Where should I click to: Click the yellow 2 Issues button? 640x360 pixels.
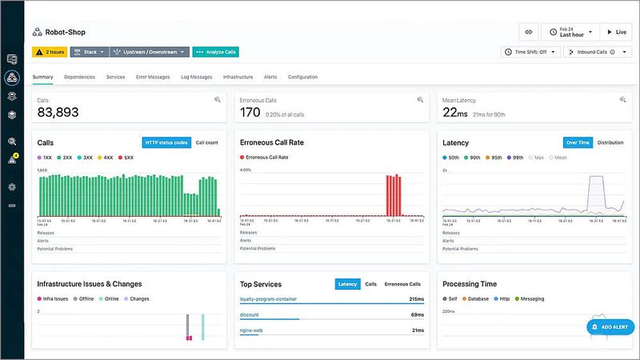(x=50, y=52)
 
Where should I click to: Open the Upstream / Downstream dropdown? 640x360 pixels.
(x=150, y=52)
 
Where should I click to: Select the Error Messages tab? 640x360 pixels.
(x=153, y=77)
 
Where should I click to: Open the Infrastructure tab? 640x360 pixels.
(x=238, y=77)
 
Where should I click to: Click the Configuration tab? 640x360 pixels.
(x=302, y=77)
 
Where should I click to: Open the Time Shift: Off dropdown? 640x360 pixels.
(x=530, y=52)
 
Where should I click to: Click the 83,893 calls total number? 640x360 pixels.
(x=58, y=113)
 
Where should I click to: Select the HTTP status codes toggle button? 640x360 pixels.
(x=166, y=142)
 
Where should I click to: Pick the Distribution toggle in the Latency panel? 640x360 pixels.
(x=610, y=142)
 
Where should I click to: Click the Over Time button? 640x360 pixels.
(x=578, y=142)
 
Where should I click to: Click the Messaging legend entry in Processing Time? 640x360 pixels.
(x=531, y=298)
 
